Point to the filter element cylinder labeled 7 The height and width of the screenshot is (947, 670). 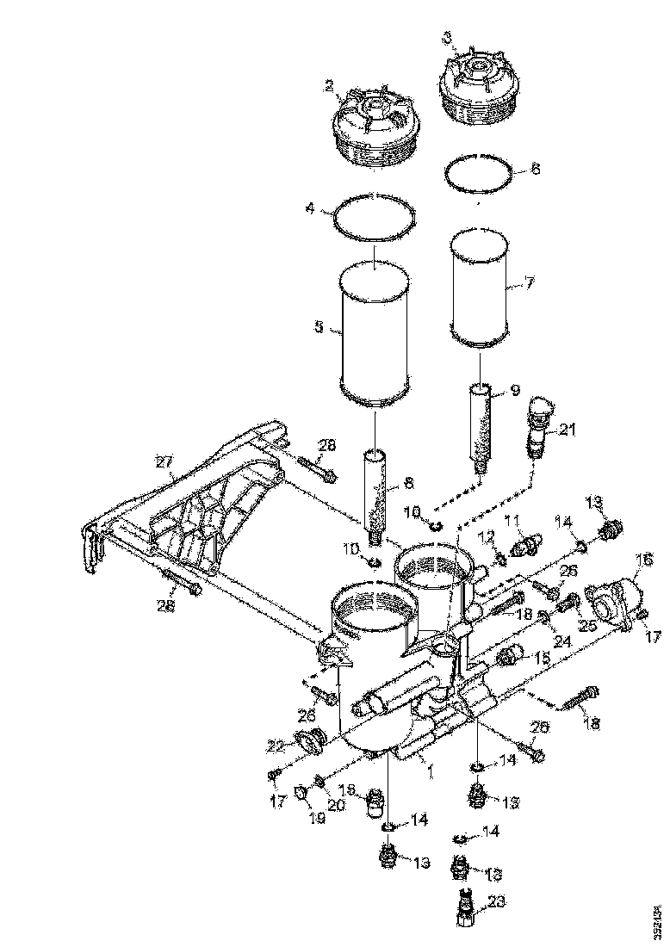click(x=479, y=293)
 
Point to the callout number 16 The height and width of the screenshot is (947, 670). click(x=642, y=560)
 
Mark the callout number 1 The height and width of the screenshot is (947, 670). click(x=430, y=771)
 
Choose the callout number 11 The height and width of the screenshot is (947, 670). click(x=512, y=521)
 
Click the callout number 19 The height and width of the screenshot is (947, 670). click(x=318, y=818)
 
